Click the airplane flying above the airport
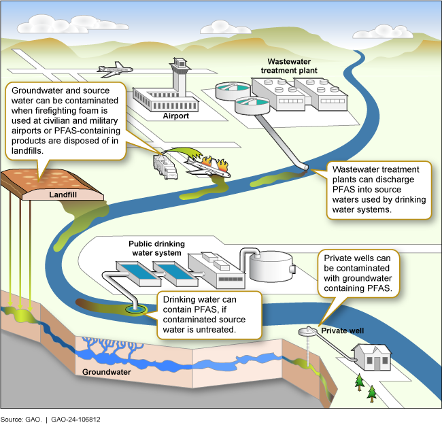(115, 69)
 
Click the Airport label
(175, 116)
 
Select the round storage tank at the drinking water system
(270, 265)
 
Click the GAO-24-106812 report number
(78, 419)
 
